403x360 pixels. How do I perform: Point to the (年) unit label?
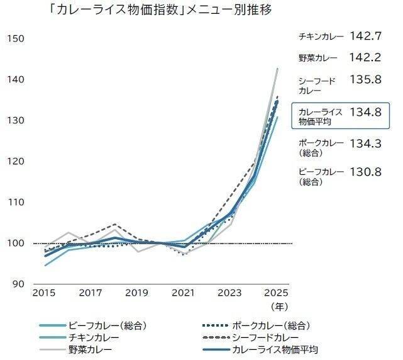[277, 307]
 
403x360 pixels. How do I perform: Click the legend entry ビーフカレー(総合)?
[108, 325]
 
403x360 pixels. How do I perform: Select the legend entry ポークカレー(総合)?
[270, 325]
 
